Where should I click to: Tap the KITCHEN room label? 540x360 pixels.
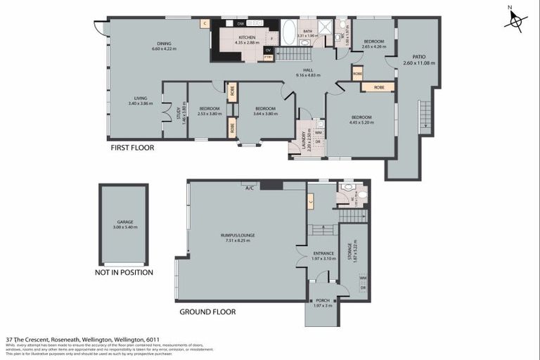click(x=247, y=37)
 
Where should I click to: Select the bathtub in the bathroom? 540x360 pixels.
click(x=289, y=32)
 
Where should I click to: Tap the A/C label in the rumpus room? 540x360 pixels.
click(x=249, y=188)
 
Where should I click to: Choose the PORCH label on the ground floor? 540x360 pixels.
click(x=322, y=300)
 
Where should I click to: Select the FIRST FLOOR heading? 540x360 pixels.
click(x=132, y=148)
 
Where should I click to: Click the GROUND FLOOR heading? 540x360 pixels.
click(x=207, y=311)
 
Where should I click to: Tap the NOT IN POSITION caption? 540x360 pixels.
click(x=124, y=272)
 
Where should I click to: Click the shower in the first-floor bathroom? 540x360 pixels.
click(x=325, y=29)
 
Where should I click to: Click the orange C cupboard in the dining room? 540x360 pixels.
click(x=205, y=23)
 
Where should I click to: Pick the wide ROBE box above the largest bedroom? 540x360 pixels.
click(x=378, y=87)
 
